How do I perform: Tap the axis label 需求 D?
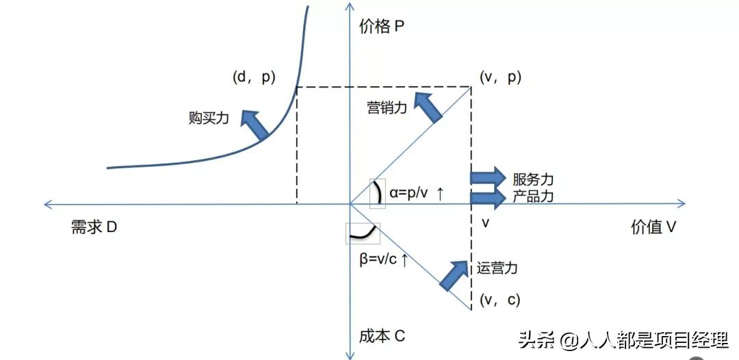pyautogui.click(x=94, y=227)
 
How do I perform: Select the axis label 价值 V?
pyautogui.click(x=653, y=227)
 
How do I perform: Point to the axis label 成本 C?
pyautogui.click(x=382, y=336)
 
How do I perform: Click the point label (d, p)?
pyautogui.click(x=253, y=77)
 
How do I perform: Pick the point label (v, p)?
pyautogui.click(x=500, y=77)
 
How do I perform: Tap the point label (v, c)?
pyautogui.click(x=500, y=299)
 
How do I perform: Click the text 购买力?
pyautogui.click(x=208, y=117)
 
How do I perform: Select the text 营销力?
pyautogui.click(x=387, y=107)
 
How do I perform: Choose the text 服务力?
pyautogui.click(x=532, y=179)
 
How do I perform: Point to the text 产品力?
pyautogui.click(x=532, y=196)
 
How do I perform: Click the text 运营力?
pyautogui.click(x=497, y=268)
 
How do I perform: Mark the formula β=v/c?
pyautogui.click(x=384, y=259)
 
